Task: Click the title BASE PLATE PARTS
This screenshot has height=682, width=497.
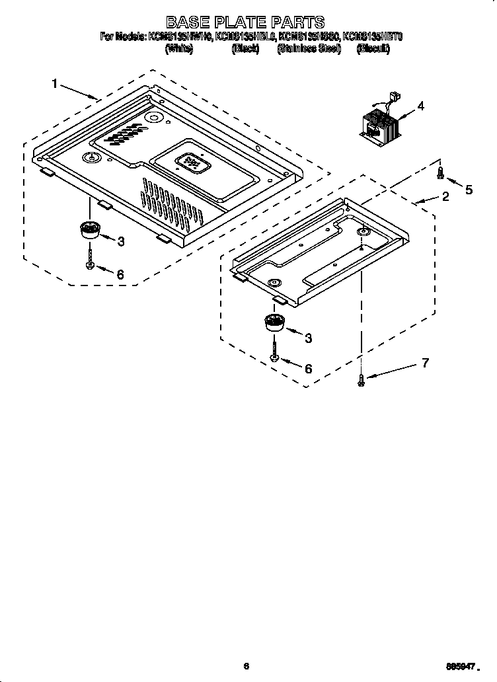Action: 245,23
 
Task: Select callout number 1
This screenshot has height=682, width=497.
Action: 56,83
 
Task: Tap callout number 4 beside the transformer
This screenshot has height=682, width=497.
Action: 420,106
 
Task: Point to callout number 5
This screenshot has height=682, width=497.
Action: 469,190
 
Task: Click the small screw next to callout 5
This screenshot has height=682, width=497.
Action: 440,174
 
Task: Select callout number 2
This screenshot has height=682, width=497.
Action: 445,196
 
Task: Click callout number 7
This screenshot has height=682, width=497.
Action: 425,362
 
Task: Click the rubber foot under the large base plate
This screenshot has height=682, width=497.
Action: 89,231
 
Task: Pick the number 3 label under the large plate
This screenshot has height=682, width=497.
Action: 121,242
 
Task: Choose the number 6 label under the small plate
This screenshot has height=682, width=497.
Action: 308,369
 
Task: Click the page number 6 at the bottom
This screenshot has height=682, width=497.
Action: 245,666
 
